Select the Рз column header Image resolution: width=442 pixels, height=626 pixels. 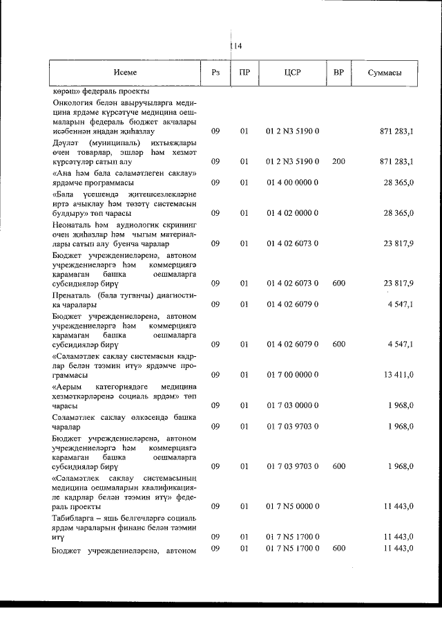point(215,72)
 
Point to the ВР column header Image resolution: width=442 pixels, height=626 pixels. point(338,72)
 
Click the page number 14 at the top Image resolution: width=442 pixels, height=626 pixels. point(236,46)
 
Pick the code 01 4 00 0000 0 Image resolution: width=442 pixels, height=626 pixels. point(292,182)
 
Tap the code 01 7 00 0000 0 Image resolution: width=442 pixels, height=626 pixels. point(292,374)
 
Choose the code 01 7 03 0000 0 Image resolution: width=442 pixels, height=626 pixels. point(292,405)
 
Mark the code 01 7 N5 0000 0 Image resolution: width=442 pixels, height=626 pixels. point(292,506)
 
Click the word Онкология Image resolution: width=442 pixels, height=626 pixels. point(74,104)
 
